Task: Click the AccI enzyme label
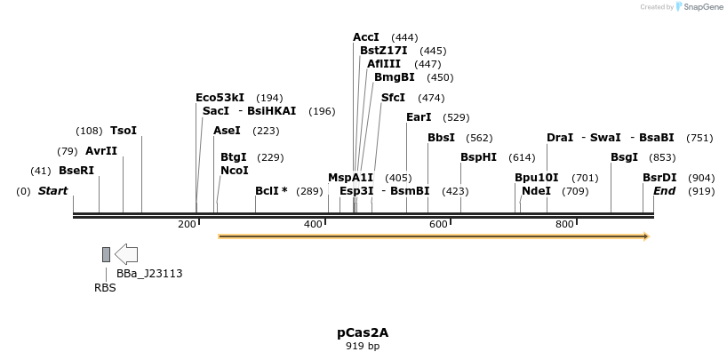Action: (x=366, y=37)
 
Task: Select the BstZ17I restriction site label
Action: (x=383, y=51)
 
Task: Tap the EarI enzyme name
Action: (x=419, y=117)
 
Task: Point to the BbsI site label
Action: (x=441, y=138)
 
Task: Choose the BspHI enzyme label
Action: (x=478, y=157)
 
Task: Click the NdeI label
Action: (x=536, y=191)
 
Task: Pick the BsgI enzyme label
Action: (x=624, y=157)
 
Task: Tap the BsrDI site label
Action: (x=659, y=178)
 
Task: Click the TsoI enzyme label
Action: (x=124, y=131)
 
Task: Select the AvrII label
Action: (x=101, y=151)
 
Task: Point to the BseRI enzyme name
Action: (x=76, y=171)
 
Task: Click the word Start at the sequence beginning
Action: (x=52, y=191)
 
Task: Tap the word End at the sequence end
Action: (x=664, y=191)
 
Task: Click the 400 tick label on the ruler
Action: (x=313, y=225)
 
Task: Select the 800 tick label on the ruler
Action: (x=564, y=225)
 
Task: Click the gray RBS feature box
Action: (x=106, y=255)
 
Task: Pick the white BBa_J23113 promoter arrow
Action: (x=126, y=254)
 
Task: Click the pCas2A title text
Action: (x=363, y=332)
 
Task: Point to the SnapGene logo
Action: (x=699, y=7)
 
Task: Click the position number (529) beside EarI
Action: (x=456, y=117)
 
